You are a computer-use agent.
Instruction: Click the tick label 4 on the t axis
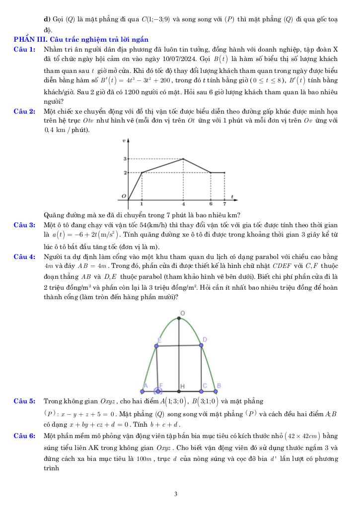click(x=184, y=204)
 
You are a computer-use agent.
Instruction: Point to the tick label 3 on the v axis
click(x=125, y=159)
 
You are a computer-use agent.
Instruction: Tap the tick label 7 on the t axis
click(x=224, y=204)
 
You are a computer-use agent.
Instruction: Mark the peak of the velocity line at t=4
click(x=184, y=159)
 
